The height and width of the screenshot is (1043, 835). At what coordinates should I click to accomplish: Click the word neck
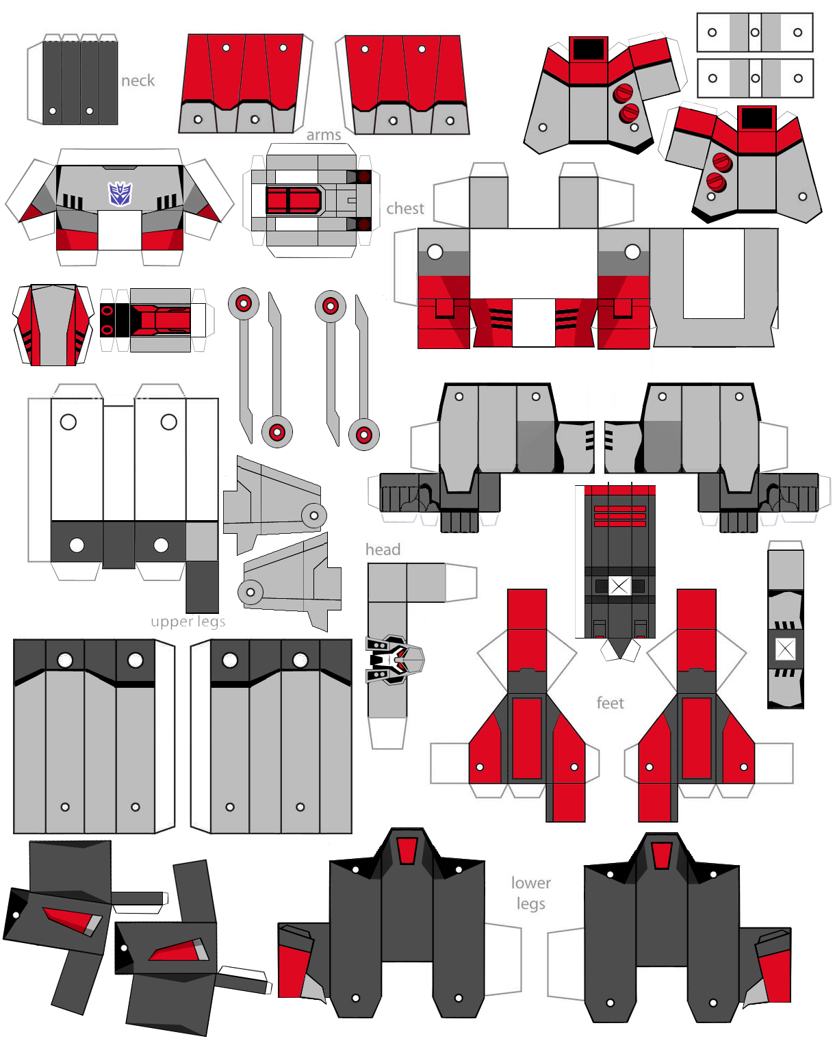(138, 81)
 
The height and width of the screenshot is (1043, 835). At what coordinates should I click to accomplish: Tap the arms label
(324, 135)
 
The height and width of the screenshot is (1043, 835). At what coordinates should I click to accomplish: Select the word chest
(405, 208)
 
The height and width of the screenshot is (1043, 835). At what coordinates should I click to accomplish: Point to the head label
(383, 550)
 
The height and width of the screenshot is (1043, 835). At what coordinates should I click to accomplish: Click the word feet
(610, 703)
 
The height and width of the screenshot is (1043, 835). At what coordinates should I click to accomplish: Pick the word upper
(171, 621)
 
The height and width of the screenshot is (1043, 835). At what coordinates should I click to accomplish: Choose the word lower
(530, 883)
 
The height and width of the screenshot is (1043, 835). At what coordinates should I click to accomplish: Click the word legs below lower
(530, 903)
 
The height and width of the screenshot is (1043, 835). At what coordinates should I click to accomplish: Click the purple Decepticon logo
(120, 194)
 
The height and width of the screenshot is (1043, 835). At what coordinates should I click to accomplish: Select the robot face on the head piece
(395, 660)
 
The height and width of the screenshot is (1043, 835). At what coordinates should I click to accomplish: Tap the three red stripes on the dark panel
(619, 516)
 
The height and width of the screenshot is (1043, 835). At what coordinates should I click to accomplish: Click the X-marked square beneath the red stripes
(619, 586)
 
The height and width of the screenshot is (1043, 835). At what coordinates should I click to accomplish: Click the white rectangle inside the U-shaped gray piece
(713, 273)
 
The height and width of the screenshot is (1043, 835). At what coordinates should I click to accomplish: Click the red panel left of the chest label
(294, 201)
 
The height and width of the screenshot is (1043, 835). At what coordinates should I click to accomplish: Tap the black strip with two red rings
(107, 320)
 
